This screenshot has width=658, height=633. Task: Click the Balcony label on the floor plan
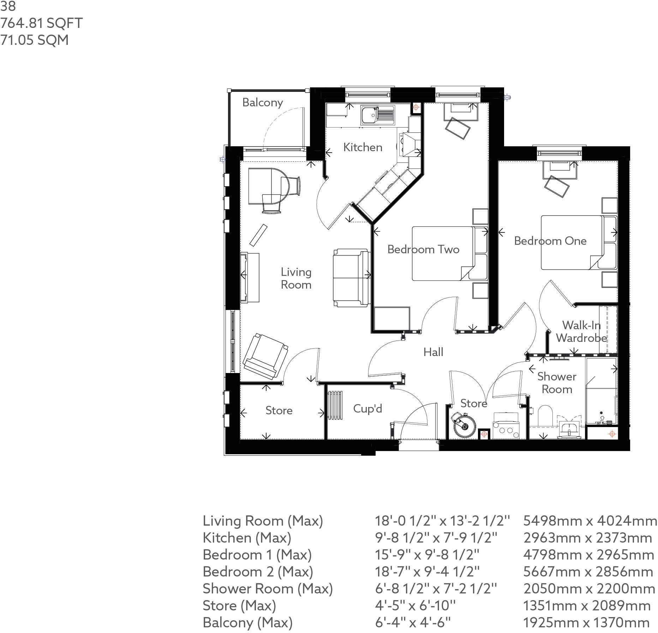point(262,102)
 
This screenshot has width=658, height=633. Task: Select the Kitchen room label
point(363,147)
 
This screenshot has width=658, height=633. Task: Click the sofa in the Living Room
point(351,277)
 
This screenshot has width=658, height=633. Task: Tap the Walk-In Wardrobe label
point(581,331)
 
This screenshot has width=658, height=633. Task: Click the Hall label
point(433,352)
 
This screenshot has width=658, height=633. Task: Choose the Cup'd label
point(367,409)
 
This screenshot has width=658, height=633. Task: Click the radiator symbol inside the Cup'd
point(335,405)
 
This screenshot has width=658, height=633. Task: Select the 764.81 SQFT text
point(41,23)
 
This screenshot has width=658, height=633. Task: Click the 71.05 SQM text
point(34,40)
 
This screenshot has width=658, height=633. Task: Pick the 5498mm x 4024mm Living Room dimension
point(590,521)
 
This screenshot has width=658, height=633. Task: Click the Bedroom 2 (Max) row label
point(258,572)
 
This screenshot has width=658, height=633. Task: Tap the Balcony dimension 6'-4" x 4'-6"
point(413,622)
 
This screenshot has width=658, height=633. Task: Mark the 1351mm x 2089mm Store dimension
point(586,605)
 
